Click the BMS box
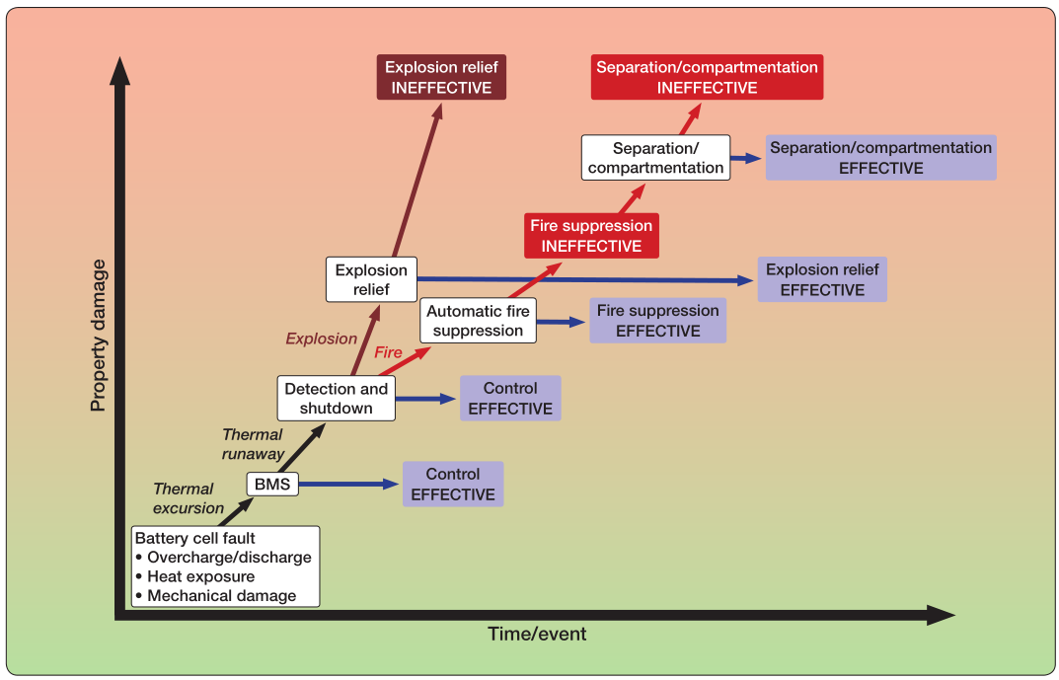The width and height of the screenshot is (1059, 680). tap(271, 484)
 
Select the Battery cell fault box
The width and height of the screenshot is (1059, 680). tap(227, 567)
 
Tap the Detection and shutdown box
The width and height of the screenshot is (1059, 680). tap(336, 399)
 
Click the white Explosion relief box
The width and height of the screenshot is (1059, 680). tap(371, 279)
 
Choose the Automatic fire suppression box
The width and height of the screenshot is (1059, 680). tap(478, 321)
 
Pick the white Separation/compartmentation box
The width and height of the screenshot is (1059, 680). tap(655, 158)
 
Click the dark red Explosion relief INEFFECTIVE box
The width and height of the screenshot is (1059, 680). tap(441, 78)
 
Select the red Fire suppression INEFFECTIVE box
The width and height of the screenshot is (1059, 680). tap(591, 236)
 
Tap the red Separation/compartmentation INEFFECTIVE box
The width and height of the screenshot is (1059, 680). tap(707, 77)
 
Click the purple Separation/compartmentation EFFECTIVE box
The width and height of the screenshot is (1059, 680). tap(880, 158)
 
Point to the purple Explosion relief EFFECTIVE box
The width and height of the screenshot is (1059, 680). tap(822, 279)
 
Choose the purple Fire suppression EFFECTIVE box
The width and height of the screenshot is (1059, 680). tap(657, 321)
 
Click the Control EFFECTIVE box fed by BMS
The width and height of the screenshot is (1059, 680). tap(453, 485)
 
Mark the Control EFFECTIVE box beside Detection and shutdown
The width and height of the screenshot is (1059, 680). tap(510, 399)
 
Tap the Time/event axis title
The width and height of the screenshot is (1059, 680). tap(537, 634)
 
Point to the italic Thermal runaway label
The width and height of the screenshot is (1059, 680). tap(253, 444)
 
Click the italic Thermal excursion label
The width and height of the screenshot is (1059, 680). tap(187, 498)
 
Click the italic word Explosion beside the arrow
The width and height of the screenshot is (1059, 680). tap(321, 339)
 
